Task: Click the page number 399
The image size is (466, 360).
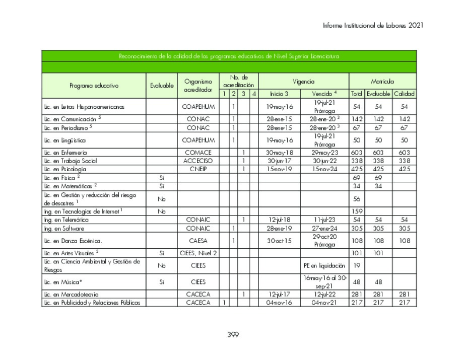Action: (x=233, y=335)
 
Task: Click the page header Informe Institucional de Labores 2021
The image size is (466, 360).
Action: (x=370, y=25)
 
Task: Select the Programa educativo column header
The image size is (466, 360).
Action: (x=94, y=86)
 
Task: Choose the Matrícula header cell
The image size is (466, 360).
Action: (x=382, y=81)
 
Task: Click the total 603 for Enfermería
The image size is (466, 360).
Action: (x=356, y=153)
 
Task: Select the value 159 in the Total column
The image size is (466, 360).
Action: (x=356, y=211)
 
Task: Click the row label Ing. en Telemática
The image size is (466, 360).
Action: (x=66, y=220)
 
